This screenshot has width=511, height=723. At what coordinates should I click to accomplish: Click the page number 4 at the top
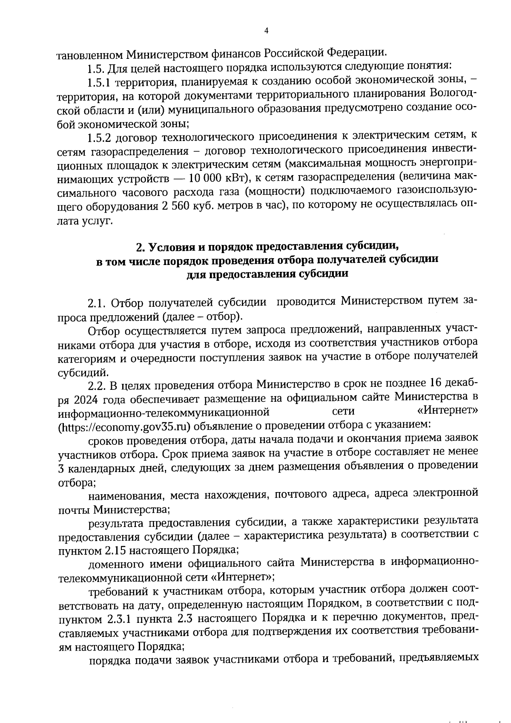pyautogui.click(x=267, y=31)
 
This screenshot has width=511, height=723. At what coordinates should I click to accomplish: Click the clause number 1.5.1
pyautogui.click(x=99, y=81)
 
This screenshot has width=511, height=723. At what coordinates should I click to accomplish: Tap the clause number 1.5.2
pyautogui.click(x=99, y=137)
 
